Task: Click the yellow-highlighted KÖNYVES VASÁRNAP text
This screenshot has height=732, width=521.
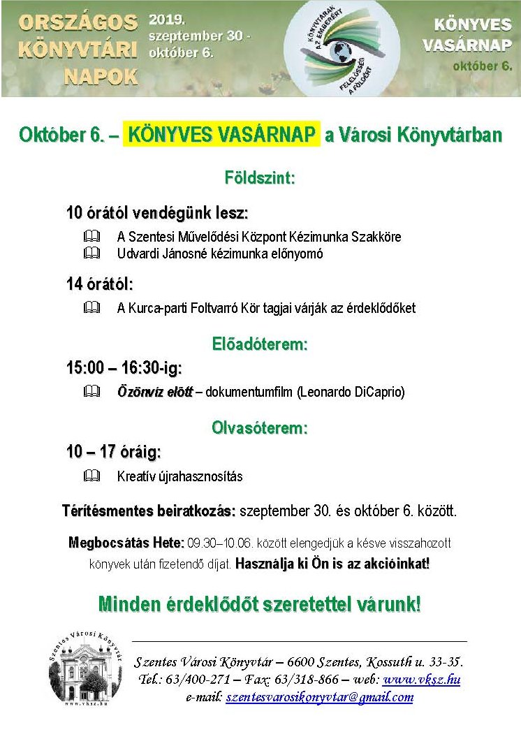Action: click(x=221, y=134)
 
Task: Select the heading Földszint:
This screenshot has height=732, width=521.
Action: click(x=260, y=177)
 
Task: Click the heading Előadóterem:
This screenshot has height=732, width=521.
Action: click(x=260, y=344)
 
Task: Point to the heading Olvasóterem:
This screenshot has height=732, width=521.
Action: click(x=260, y=428)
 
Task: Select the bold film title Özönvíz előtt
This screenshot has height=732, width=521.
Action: click(x=155, y=392)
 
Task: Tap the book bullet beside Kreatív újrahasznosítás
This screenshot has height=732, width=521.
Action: click(x=91, y=476)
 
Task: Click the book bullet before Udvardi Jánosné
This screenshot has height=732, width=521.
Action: click(x=91, y=254)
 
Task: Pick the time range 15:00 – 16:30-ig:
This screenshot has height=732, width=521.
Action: click(x=124, y=368)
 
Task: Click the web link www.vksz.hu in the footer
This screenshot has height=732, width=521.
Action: click(x=422, y=679)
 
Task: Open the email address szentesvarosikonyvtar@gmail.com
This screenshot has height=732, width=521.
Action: click(x=319, y=696)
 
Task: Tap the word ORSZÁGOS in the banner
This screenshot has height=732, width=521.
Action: click(x=78, y=22)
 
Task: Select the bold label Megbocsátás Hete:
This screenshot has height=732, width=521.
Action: click(x=126, y=543)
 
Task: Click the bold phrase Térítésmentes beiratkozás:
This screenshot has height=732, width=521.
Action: click(x=149, y=511)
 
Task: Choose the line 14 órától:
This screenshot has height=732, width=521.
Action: click(x=99, y=284)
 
